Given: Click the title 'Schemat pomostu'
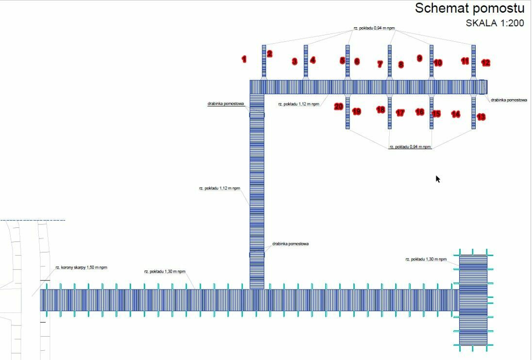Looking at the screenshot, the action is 469,8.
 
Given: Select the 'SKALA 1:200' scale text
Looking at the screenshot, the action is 495,23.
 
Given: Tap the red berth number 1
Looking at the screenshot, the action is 244,59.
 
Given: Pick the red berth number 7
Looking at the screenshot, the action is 380,64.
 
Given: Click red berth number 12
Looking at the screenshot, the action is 485,63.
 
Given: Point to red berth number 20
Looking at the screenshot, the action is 339,107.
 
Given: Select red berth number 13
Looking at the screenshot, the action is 481,117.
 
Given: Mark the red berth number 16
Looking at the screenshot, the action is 420,112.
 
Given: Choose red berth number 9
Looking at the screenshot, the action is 419,58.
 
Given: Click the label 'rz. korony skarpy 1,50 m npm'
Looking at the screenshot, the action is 81,267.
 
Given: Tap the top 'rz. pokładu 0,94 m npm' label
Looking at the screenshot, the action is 374,28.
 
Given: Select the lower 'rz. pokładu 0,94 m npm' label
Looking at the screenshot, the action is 410,147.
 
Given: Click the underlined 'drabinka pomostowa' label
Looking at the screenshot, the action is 226,103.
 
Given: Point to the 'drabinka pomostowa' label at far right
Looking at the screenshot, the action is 509,100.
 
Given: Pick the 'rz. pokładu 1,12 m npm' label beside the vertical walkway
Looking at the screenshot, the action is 219,188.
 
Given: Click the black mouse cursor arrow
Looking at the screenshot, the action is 438,179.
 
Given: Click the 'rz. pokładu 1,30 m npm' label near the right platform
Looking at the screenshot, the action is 426,259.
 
